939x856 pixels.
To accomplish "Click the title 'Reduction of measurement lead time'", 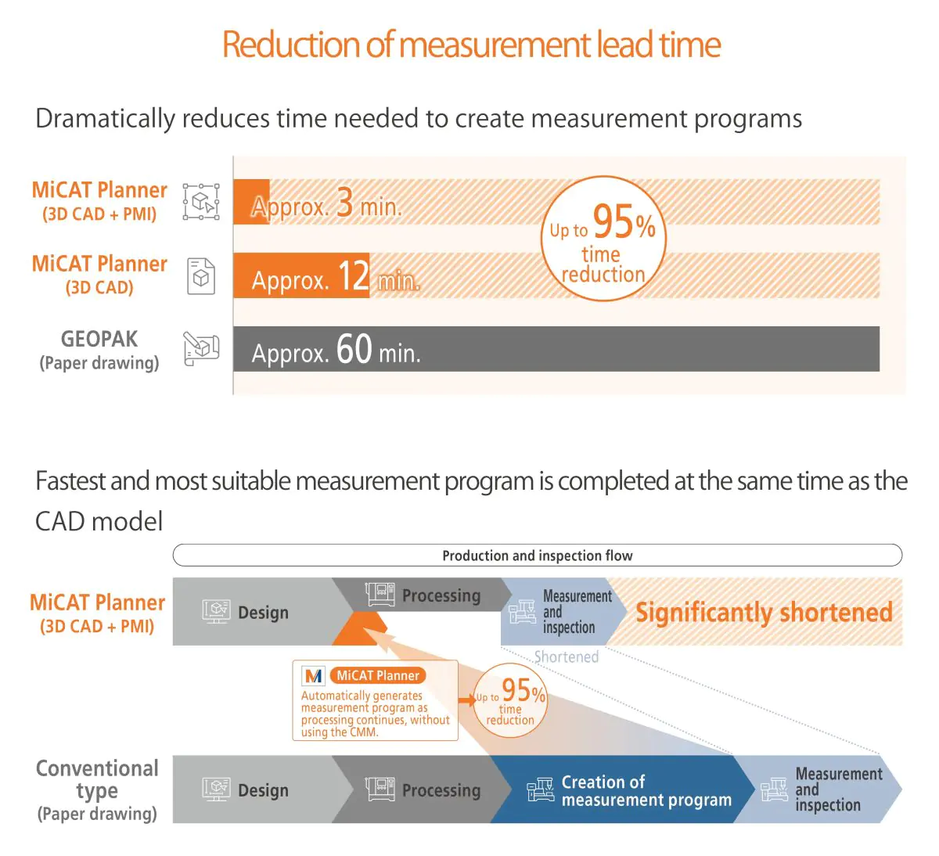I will [x=471, y=45].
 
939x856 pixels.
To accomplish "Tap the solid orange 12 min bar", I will [x=300, y=275].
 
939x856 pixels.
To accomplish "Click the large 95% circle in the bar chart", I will [x=603, y=239].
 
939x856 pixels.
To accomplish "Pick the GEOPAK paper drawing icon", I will [x=201, y=349].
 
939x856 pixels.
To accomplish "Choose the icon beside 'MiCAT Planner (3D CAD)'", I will [x=201, y=275].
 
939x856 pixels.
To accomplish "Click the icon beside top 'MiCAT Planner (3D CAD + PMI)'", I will [x=201, y=202].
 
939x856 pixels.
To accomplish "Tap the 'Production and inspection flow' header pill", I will [x=537, y=556].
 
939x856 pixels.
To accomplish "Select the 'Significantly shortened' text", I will [x=764, y=612].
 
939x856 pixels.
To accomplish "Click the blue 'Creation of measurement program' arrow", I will [x=618, y=790].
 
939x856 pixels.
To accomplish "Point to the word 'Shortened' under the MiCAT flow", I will [x=566, y=657].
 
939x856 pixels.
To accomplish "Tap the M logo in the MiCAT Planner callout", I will [x=314, y=675].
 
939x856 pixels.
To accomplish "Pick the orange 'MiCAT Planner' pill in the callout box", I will [x=378, y=675].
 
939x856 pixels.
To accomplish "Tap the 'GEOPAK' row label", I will [x=99, y=340].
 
